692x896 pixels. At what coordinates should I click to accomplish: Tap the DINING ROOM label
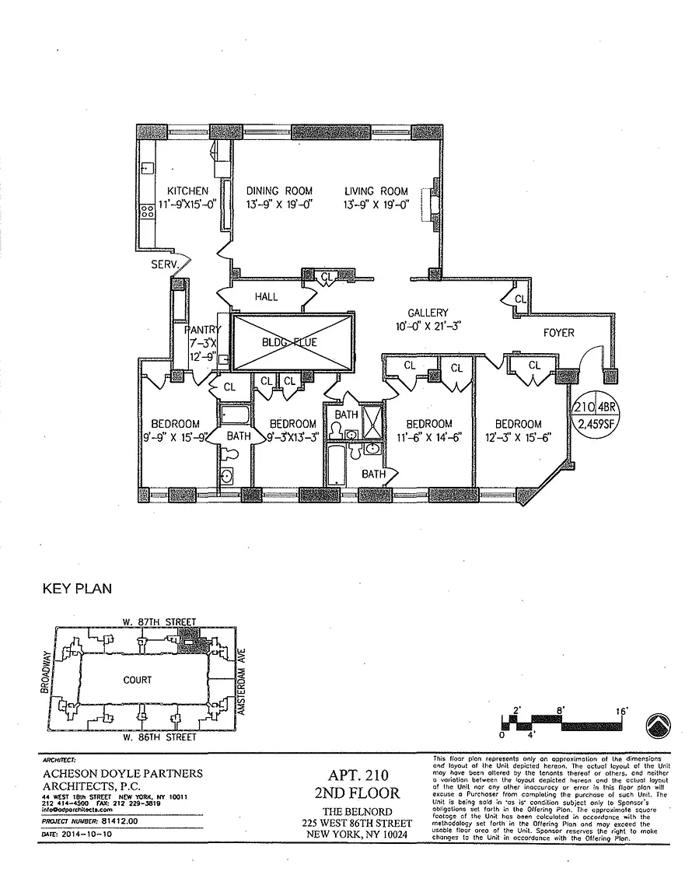coord(279,191)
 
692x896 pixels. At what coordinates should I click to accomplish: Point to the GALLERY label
coord(428,313)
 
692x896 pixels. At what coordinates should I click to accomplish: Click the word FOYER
coord(558,333)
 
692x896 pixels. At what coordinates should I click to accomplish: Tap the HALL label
coord(266,297)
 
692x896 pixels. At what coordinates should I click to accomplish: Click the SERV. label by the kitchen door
coord(166,264)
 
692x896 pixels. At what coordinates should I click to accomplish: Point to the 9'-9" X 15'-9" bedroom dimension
coord(174,437)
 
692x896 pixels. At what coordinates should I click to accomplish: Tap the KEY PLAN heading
coord(76,589)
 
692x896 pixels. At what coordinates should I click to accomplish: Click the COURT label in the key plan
coord(137,680)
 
